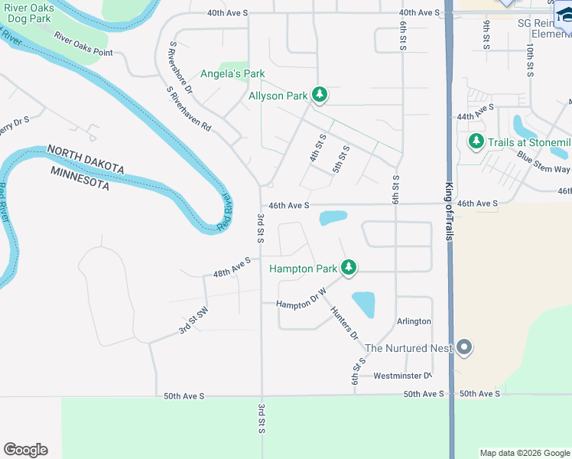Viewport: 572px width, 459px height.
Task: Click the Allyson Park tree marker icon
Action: coord(320,96)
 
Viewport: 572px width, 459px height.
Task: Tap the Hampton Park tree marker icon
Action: coord(349,268)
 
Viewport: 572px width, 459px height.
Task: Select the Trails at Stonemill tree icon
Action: coord(476,142)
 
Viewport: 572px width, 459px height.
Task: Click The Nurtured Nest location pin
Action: coord(464,348)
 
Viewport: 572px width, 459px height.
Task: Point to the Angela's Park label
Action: coord(232,74)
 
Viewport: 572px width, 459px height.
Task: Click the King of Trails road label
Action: coord(449,212)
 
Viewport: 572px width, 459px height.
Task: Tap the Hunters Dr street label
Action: coord(344,324)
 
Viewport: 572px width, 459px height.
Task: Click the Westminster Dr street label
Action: coord(402,376)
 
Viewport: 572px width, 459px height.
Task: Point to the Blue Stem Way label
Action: coord(543,163)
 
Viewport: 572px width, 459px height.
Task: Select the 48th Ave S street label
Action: coord(232,267)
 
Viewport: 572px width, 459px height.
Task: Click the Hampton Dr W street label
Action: coord(301,298)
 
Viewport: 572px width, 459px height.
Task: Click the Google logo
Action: coord(25,450)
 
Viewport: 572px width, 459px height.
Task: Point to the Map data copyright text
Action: coord(525,453)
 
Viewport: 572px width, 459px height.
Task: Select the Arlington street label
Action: coord(414,321)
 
